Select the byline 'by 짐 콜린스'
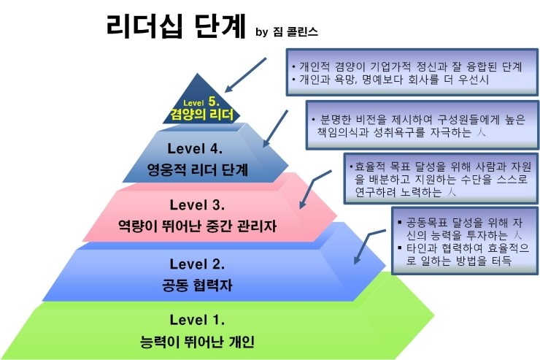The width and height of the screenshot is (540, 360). click(x=288, y=32)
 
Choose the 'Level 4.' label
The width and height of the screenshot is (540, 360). click(x=195, y=148)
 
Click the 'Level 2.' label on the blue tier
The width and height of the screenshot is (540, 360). click(x=196, y=262)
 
